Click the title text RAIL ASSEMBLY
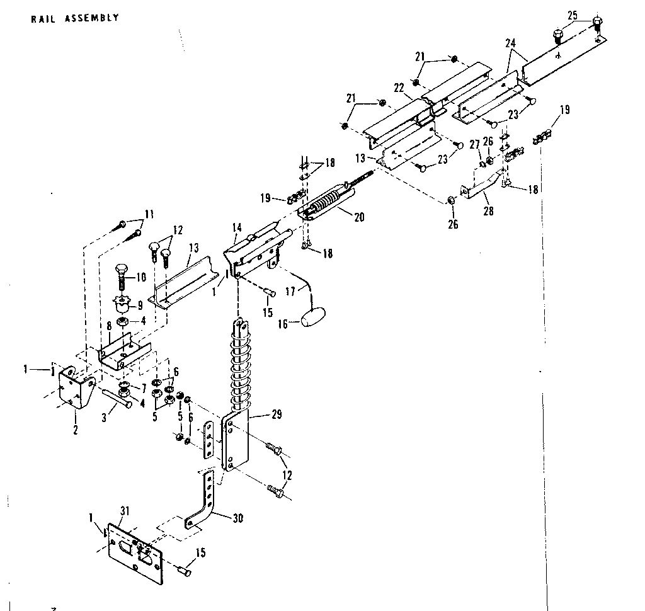tap(74, 18)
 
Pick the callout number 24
tap(511, 43)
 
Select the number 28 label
tap(488, 212)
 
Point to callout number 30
tap(237, 519)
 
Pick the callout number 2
tap(75, 430)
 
